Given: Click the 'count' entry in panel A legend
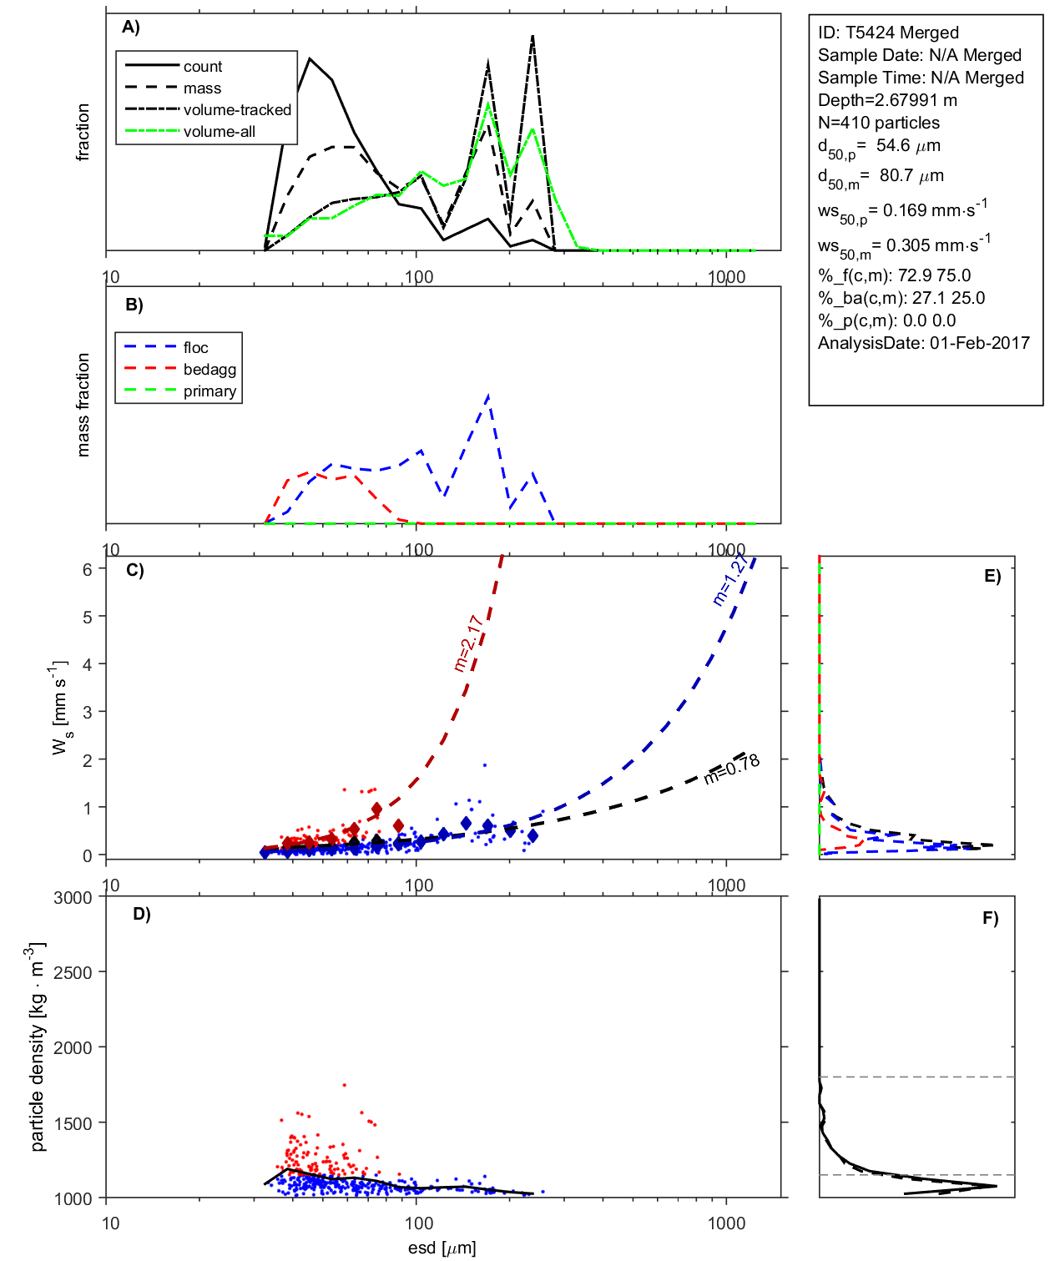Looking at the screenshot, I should click(203, 67).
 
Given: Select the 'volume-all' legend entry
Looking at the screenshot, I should click(219, 132).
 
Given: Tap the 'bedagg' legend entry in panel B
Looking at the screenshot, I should click(209, 370).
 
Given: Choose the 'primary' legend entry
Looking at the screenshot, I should click(209, 391).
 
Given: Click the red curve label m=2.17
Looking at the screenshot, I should click(468, 643).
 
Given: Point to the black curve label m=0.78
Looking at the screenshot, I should click(731, 769).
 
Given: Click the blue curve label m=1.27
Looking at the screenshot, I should click(730, 579).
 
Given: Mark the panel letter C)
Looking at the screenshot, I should click(135, 571).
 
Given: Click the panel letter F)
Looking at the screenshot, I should click(990, 919).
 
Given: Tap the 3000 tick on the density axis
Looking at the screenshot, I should click(73, 898).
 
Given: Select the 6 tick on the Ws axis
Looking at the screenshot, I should click(87, 569).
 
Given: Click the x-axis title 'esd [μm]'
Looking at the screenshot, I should click(442, 1248).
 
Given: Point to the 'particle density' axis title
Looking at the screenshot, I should click(37, 1047).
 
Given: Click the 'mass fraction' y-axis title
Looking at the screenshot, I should click(83, 405).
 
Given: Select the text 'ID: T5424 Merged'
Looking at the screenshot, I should click(888, 33).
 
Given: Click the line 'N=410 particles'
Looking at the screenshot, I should click(878, 123).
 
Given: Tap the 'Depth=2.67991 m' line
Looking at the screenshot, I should click(887, 100).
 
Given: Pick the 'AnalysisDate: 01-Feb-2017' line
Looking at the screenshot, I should click(923, 343).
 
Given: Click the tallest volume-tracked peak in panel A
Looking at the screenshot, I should click(533, 36).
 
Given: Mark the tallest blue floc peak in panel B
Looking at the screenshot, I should click(488, 395).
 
